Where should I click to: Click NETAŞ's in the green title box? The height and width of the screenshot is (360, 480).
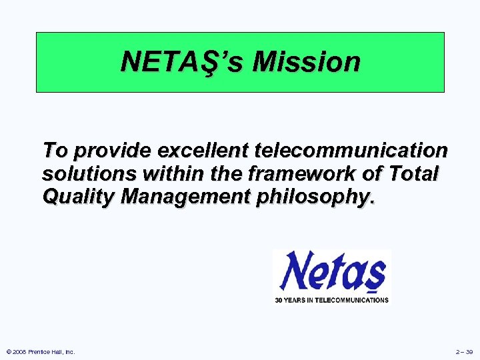pyautogui.click(x=185, y=62)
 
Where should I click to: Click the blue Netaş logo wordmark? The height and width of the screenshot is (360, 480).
pyautogui.click(x=332, y=272)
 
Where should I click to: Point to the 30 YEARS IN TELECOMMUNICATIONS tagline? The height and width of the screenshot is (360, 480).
pyautogui.click(x=332, y=300)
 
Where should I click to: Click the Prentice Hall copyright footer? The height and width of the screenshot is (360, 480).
pyautogui.click(x=41, y=351)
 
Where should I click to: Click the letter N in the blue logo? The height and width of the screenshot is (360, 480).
pyautogui.click(x=293, y=270)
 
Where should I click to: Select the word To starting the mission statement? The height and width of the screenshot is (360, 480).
pyautogui.click(x=55, y=151)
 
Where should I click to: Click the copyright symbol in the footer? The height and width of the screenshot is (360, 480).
pyautogui.click(x=8, y=351)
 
